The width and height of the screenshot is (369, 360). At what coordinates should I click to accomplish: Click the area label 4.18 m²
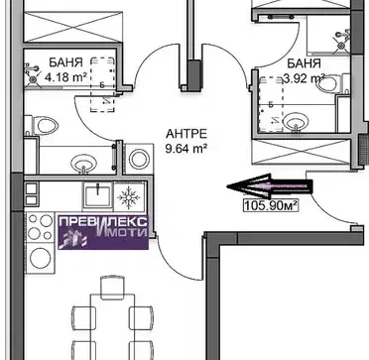coord(65,78)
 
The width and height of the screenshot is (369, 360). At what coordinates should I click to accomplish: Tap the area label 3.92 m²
coord(305,79)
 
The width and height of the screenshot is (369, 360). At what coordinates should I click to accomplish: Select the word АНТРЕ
coord(186,134)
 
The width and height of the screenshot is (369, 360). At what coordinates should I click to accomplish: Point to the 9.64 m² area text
coord(186,149)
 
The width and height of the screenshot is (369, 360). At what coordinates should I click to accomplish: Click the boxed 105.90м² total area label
coord(271,205)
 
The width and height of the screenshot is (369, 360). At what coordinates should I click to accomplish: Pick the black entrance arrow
coord(270,186)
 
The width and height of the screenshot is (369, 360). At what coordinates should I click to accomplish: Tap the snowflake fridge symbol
coord(129,198)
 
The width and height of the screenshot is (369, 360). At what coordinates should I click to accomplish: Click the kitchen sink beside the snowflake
coord(97,195)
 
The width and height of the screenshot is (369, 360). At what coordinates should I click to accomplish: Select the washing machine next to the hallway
coord(139,159)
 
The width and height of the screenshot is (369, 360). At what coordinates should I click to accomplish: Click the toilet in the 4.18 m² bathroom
coord(42,126)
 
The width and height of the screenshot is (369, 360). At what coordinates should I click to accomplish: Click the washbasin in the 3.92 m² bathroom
coord(296,123)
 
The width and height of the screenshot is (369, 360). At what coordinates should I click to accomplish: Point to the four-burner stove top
coord(40,227)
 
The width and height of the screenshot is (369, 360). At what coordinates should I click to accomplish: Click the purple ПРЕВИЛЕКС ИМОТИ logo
coord(103,232)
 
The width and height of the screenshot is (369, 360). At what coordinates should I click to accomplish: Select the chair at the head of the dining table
coord(113,288)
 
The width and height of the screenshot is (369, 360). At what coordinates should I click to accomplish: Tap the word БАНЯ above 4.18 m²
coord(65,62)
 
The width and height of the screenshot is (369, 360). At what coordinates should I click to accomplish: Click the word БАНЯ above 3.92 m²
coord(305,63)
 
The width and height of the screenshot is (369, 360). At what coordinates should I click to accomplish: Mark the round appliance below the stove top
coord(41,258)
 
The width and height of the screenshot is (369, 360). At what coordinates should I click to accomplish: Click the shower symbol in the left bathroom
coord(32,74)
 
